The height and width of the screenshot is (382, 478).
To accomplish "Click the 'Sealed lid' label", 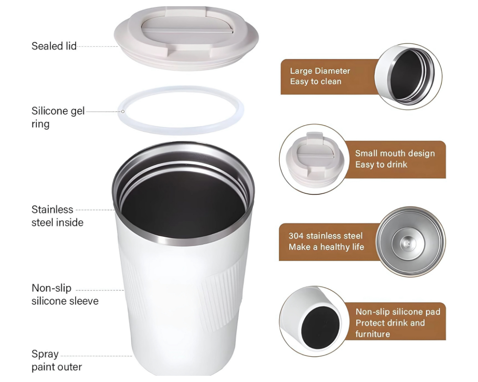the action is [54, 46].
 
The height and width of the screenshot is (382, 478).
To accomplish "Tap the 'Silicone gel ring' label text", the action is [58, 117].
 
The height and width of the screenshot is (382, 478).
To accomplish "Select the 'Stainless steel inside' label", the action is [57, 216].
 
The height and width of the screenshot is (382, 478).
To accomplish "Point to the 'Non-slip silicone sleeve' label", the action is [65, 294].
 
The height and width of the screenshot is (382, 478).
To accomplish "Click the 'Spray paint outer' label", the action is [57, 361].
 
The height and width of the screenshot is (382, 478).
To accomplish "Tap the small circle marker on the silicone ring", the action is [123, 111].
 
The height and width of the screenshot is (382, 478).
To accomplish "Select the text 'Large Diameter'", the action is [320, 71].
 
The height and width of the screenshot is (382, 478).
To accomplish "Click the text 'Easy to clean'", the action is [315, 82].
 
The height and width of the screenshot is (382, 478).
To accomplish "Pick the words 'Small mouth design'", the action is [395, 153].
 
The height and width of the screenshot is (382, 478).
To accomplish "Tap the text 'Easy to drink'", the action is [381, 164].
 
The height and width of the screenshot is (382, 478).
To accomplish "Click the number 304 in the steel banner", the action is [296, 236].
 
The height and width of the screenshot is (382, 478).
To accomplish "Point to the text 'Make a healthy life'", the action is [326, 247].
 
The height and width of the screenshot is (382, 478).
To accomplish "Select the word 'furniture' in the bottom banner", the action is [372, 334].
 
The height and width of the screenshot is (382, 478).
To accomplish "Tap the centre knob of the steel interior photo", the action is [407, 243].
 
